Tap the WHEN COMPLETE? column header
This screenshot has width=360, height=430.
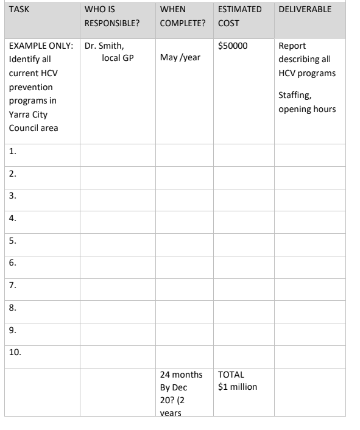[x=182, y=16]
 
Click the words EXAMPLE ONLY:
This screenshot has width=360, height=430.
[x=41, y=46]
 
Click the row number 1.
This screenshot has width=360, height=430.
[x=13, y=153]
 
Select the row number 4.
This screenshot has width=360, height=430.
[x=13, y=216]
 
